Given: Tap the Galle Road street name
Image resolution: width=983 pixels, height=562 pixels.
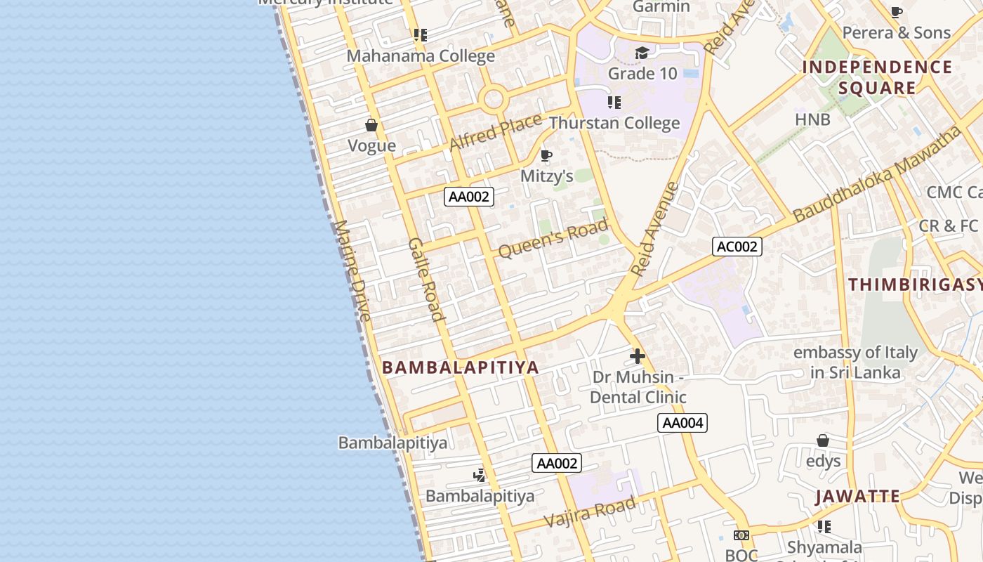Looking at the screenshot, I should pyautogui.click(x=427, y=279).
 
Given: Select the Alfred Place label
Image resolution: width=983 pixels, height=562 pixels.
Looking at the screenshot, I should pyautogui.click(x=495, y=131).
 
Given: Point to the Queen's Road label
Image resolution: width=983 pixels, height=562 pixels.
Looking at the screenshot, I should pyautogui.click(x=553, y=238).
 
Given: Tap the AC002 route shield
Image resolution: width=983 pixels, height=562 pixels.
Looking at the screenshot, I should pyautogui.click(x=737, y=247).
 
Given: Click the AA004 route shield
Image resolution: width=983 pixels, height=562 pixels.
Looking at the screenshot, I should pyautogui.click(x=682, y=423).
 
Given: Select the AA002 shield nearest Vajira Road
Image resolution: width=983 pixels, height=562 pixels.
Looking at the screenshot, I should pyautogui.click(x=556, y=463).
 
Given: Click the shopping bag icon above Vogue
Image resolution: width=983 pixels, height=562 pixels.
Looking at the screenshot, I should pyautogui.click(x=371, y=126).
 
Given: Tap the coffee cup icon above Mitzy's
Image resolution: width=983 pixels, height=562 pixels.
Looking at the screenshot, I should pyautogui.click(x=546, y=155).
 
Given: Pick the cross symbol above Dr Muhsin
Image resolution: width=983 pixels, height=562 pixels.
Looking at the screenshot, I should pyautogui.click(x=638, y=356).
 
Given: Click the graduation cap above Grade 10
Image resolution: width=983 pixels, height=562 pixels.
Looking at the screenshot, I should pyautogui.click(x=642, y=53).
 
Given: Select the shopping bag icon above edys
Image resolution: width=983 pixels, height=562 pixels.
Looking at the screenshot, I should pyautogui.click(x=823, y=440).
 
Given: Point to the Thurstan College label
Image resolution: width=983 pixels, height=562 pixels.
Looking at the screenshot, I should pyautogui.click(x=614, y=123).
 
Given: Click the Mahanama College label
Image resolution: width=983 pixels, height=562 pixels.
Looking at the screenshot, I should pyautogui.click(x=421, y=56).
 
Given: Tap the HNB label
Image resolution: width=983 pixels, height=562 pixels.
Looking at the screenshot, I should pyautogui.click(x=812, y=119).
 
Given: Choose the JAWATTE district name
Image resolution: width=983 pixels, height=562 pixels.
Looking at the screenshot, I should pyautogui.click(x=857, y=497).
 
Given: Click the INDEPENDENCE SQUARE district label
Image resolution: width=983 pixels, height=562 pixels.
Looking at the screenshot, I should pyautogui.click(x=877, y=77).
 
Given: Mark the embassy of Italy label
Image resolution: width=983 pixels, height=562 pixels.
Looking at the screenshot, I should pyautogui.click(x=855, y=362).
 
